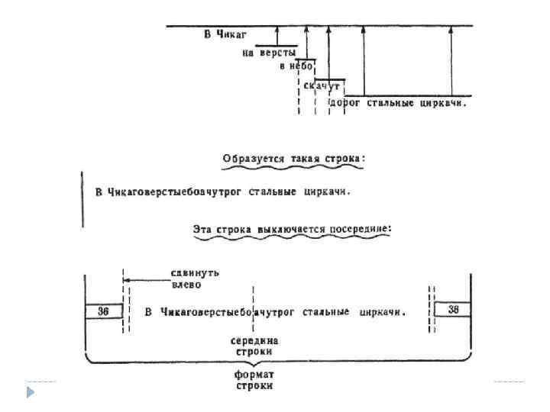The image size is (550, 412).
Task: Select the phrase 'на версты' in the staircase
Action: [268, 53]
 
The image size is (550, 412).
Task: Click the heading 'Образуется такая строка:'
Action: [294, 159]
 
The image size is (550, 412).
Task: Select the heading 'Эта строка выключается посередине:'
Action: [293, 227]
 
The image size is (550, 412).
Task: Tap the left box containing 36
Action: [102, 311]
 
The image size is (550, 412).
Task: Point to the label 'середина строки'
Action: [254, 346]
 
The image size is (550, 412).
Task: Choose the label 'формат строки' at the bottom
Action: [254, 380]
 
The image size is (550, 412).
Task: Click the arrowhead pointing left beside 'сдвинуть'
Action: [127, 280]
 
